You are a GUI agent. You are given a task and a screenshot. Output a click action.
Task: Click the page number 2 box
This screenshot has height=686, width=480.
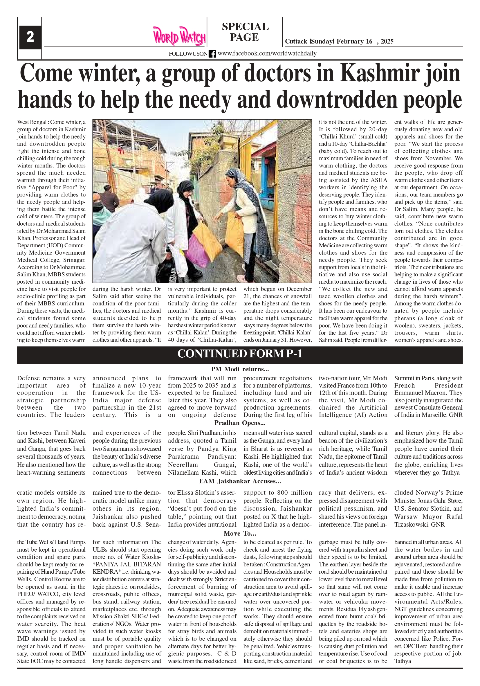click(x=30, y=37)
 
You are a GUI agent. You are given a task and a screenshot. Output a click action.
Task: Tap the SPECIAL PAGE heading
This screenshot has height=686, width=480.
click(x=245, y=32)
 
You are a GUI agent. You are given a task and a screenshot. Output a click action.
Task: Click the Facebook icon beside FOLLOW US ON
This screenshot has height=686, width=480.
click(x=212, y=54)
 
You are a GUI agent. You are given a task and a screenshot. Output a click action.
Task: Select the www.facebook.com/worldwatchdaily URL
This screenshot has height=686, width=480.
click(x=267, y=53)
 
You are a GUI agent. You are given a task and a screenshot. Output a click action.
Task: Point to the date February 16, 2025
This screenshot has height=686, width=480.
click(x=365, y=42)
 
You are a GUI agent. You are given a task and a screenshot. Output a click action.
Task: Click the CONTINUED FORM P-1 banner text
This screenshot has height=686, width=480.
click(x=240, y=354)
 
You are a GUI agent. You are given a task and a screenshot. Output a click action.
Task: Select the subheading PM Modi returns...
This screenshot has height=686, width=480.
click(x=240, y=369)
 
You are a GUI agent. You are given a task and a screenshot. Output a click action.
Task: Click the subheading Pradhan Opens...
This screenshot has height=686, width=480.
click(x=240, y=423)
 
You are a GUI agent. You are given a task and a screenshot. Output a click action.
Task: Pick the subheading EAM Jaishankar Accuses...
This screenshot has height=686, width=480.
click(x=240, y=481)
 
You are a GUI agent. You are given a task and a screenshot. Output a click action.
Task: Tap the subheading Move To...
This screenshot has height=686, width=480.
click(x=240, y=533)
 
